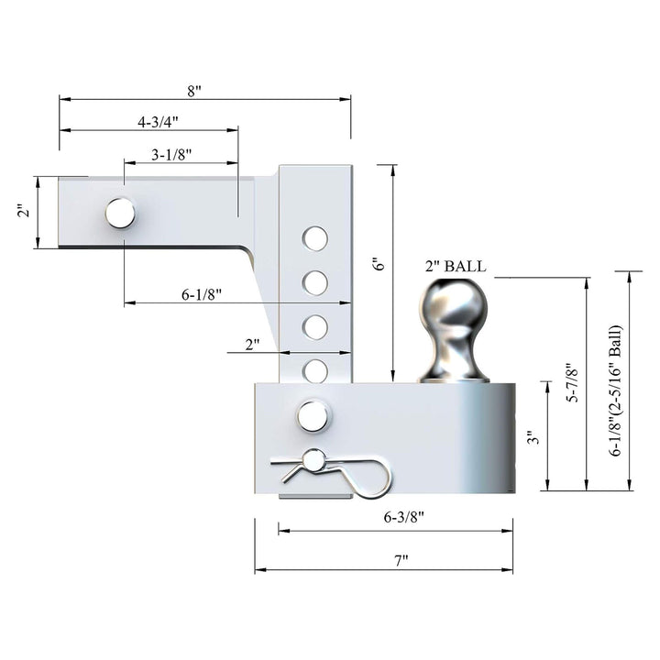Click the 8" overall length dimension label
[x=194, y=91]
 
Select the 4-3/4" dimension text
[x=157, y=121]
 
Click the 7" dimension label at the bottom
[x=400, y=559]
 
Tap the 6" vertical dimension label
[x=378, y=263]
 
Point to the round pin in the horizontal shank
[x=120, y=213]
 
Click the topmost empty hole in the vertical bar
[x=315, y=239]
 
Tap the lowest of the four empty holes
[x=315, y=370]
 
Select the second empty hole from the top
[x=315, y=282]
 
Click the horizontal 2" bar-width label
[x=252, y=344]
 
